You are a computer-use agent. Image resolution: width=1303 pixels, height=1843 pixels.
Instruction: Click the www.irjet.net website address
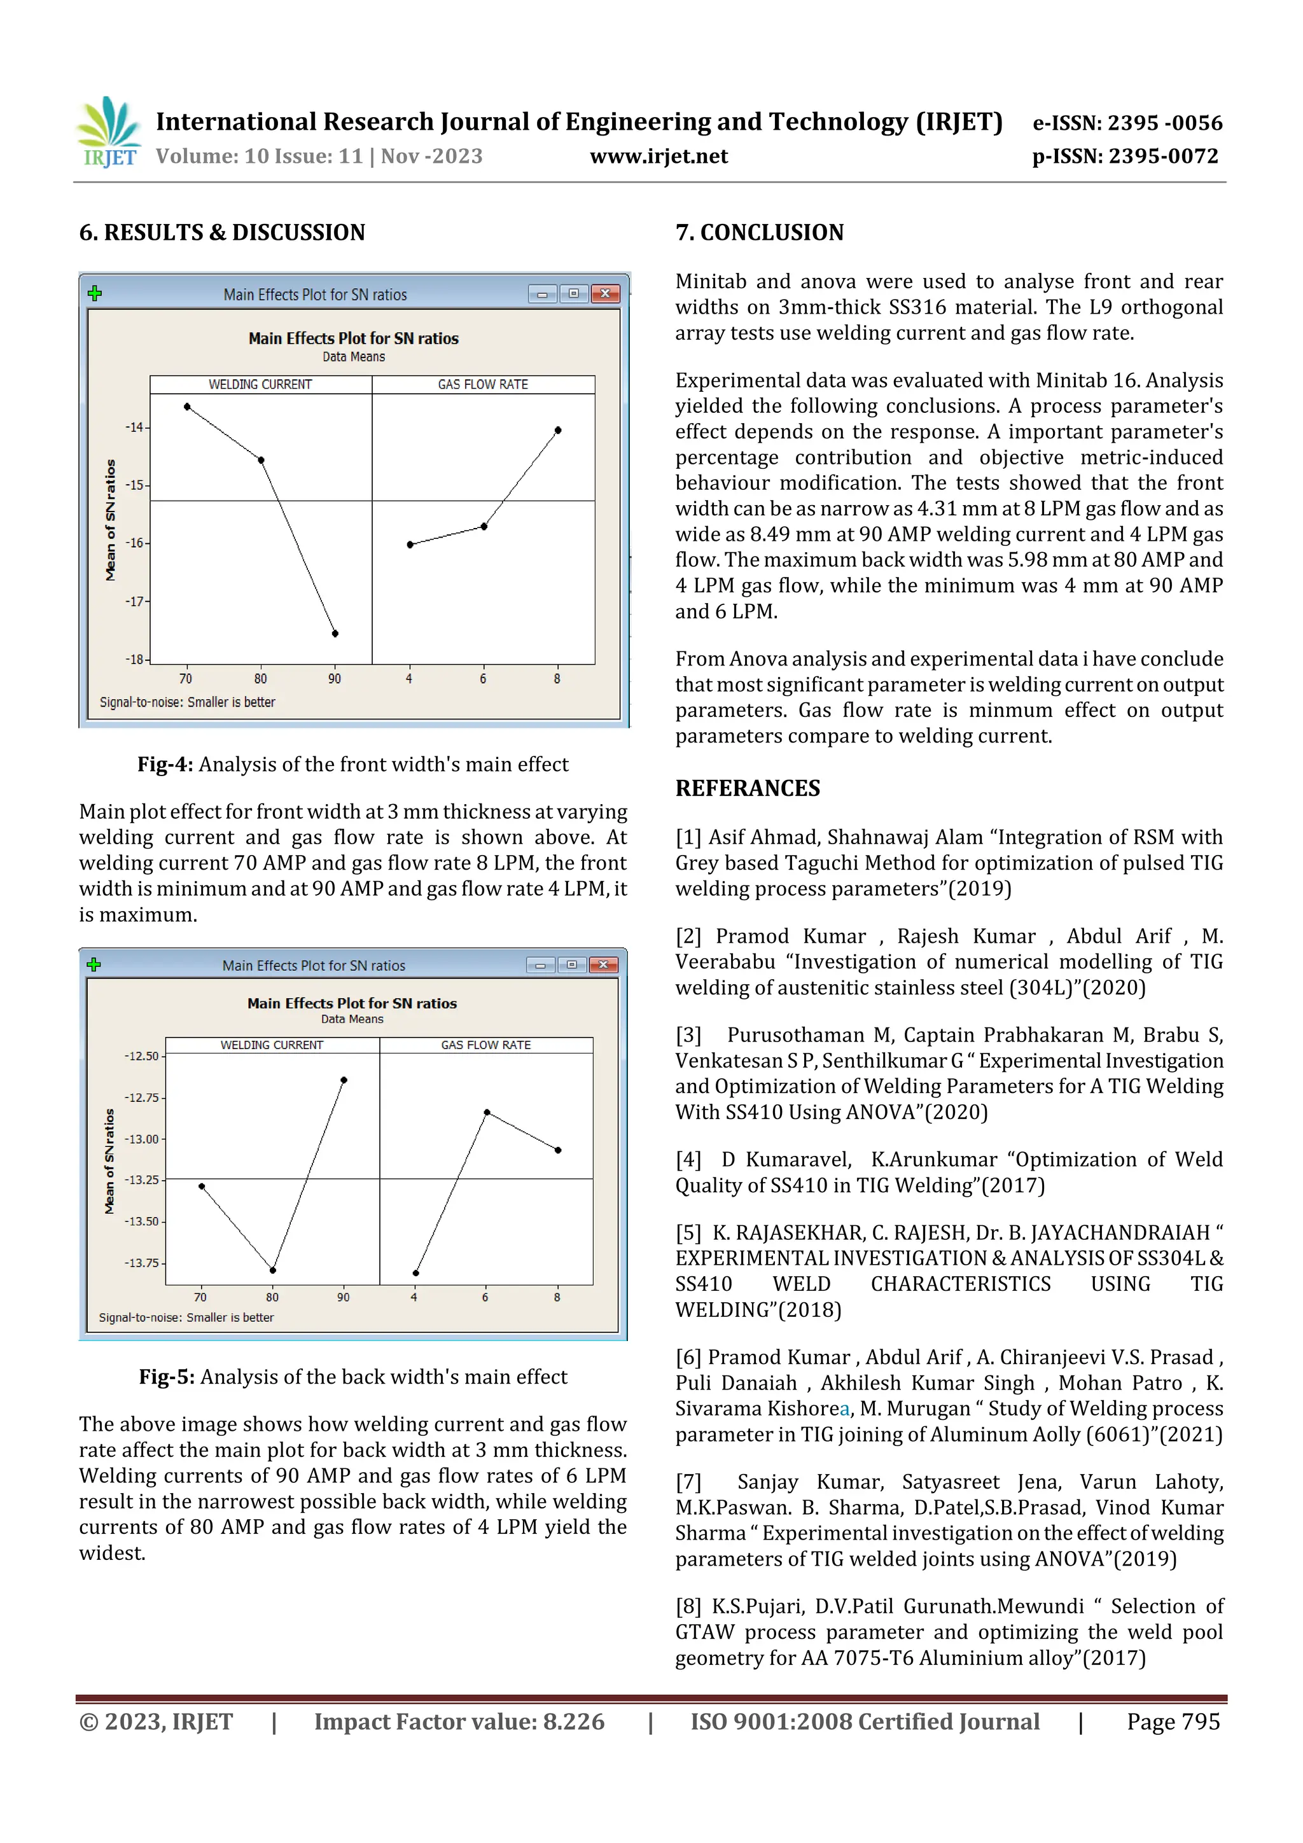(658, 156)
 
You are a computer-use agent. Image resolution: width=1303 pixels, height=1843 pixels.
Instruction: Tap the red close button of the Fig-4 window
(605, 294)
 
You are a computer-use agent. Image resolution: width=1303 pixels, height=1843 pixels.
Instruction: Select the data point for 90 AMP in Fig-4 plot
(335, 634)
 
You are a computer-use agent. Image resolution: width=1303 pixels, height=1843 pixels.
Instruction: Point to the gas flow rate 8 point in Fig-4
(558, 430)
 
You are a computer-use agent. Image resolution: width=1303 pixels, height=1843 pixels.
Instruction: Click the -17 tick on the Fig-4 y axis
(136, 601)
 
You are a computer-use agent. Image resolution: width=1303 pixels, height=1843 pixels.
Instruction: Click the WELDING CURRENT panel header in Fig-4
(260, 384)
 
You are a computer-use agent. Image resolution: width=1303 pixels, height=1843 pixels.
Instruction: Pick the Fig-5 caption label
(166, 1377)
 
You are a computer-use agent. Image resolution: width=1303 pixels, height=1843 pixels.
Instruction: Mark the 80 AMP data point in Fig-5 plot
(273, 1270)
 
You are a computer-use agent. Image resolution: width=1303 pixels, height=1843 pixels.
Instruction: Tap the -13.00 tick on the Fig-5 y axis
(142, 1138)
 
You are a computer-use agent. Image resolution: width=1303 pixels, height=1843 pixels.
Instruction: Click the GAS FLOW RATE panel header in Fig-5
(485, 1045)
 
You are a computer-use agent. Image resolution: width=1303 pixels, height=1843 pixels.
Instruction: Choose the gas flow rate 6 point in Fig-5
(487, 1113)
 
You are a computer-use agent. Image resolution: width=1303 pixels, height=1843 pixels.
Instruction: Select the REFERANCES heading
(747, 788)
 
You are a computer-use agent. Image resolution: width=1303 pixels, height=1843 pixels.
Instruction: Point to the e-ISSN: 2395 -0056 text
(1126, 123)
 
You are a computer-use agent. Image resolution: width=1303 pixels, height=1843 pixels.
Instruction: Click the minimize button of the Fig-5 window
(540, 965)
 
